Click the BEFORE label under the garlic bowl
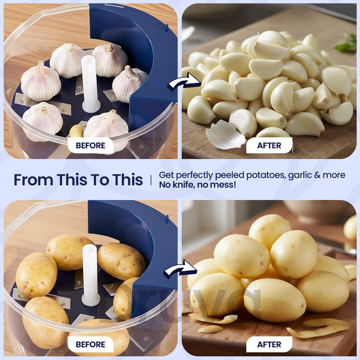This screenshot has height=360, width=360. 90,145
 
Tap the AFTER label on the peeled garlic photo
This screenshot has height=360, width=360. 269,145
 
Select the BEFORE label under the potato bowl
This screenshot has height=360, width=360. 90,344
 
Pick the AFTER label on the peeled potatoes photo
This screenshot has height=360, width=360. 269,344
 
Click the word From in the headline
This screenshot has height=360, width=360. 34,180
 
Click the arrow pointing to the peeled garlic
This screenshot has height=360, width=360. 184,82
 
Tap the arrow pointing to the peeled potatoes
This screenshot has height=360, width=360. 180,269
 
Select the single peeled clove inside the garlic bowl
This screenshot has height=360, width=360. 76,131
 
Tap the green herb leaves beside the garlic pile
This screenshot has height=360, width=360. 347,42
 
